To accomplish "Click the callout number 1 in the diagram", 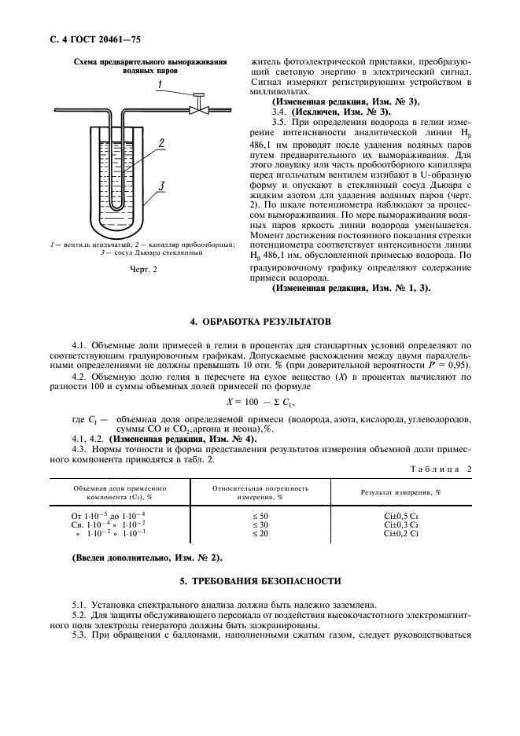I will click(160, 84).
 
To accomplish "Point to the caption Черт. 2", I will click(143, 270).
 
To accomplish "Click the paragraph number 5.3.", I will click(79, 634).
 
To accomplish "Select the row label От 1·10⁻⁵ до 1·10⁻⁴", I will click(112, 514).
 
